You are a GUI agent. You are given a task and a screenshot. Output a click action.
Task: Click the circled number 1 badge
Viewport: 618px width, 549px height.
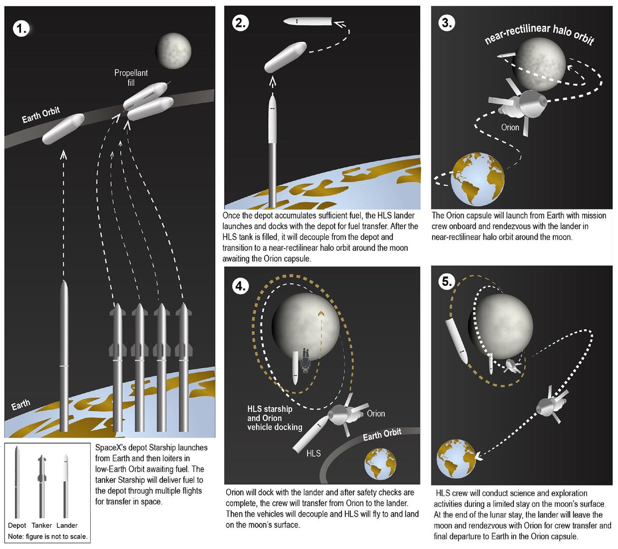pos(21,28)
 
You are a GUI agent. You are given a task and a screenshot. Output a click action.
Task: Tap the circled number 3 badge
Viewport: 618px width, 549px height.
pos(447,23)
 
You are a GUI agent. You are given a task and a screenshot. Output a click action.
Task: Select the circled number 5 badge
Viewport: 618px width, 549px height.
pos(447,281)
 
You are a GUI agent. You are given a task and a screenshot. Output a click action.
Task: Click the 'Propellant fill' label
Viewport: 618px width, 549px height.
pos(131,77)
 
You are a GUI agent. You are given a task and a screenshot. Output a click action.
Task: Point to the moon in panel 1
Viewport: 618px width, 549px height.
pos(173,51)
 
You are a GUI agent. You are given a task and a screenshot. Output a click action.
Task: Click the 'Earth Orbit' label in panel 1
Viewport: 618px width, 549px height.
pos(41,115)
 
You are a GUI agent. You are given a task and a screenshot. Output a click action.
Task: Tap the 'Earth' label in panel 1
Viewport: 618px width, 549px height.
pos(21,404)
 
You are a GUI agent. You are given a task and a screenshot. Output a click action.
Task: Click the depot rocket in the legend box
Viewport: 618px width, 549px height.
pos(17,483)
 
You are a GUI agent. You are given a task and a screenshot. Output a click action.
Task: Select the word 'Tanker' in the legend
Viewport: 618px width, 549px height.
pos(42,525)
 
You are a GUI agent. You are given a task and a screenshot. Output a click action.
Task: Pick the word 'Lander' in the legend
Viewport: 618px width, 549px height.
pos(67,525)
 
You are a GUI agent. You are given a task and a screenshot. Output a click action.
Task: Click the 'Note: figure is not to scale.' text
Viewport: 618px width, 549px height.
pos(48,537)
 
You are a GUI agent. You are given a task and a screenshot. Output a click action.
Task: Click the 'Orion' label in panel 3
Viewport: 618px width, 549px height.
pos(510,127)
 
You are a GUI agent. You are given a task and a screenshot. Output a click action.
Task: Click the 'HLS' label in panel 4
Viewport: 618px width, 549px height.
pos(313,453)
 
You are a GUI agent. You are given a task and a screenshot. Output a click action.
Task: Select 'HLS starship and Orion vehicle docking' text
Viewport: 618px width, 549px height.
pos(275,418)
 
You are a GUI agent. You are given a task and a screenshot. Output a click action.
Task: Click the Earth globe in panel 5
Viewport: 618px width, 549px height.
pos(456,458)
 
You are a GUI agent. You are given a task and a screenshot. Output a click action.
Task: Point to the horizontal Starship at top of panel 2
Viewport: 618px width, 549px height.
pos(308,21)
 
